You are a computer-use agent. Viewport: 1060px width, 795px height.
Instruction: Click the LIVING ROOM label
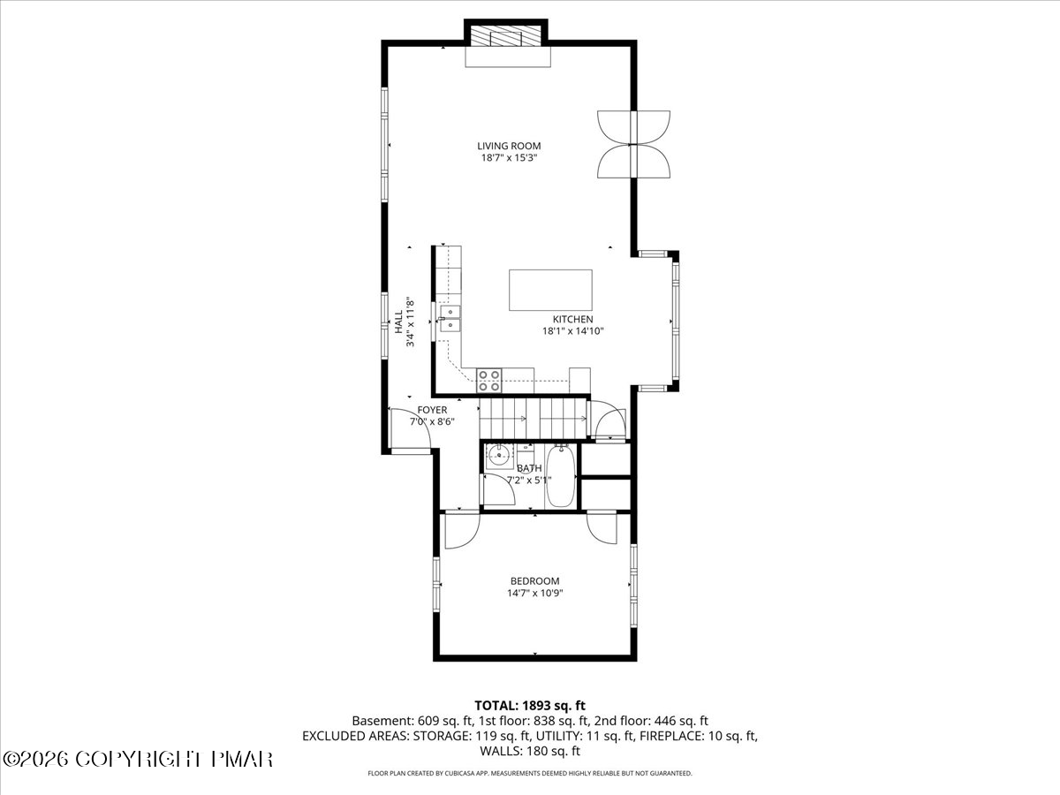[x=509, y=146]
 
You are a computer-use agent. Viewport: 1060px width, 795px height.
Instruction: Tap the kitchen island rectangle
[x=550, y=290]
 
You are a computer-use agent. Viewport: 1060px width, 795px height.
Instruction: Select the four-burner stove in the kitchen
[x=488, y=381]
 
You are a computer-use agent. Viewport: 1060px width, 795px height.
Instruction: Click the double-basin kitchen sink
[x=450, y=319]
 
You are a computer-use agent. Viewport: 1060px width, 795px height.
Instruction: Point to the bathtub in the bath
[x=560, y=476]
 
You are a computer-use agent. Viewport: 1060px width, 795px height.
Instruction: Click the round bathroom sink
[x=497, y=455]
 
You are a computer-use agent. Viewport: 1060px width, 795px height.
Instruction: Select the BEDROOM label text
[x=535, y=581]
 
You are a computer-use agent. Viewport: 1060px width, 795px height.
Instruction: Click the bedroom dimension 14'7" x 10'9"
[x=535, y=594]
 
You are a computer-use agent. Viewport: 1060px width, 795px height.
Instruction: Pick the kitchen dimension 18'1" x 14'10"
[x=573, y=331]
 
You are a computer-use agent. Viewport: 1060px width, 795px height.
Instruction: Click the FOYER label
[x=432, y=410]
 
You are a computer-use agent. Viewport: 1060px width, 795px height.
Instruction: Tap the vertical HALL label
[x=399, y=322]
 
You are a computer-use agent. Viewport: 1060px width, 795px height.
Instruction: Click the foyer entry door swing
[x=410, y=429]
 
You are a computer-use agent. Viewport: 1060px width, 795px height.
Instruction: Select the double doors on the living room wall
[x=633, y=144]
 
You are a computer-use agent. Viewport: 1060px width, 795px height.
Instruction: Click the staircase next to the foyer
[x=534, y=418]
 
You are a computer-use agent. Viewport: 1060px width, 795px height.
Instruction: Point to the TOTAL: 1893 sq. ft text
[x=530, y=706]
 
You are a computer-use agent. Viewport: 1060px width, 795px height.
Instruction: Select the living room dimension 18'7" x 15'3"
[x=509, y=158]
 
